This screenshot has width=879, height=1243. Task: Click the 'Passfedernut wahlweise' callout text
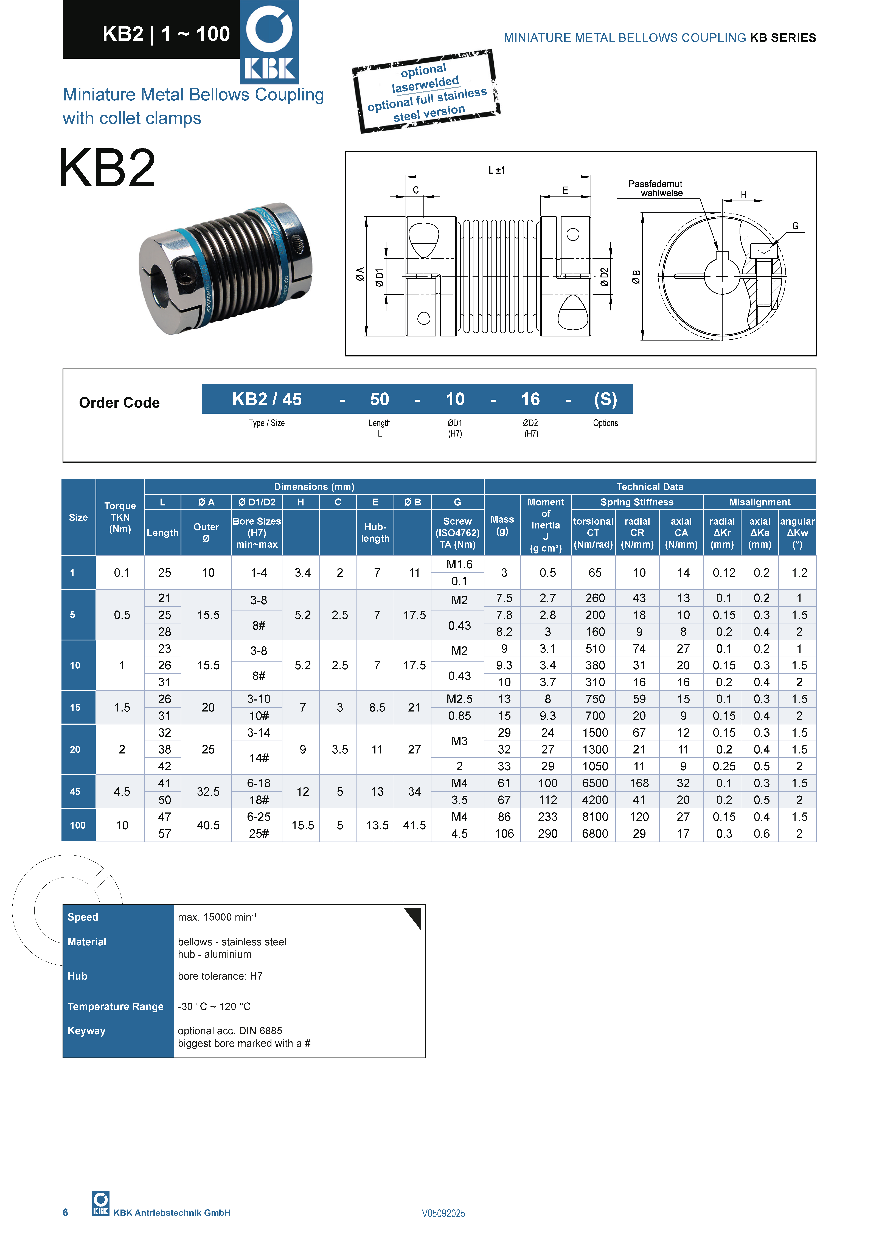pos(655,188)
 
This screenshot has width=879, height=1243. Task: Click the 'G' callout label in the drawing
pos(795,226)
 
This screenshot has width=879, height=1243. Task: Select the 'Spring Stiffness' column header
pos(637,502)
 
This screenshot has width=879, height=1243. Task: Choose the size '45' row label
pos(75,792)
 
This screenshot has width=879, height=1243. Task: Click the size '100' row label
pos(77,825)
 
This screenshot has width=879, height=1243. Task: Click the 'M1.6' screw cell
pos(459,564)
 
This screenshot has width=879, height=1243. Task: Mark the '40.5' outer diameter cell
pos(208,825)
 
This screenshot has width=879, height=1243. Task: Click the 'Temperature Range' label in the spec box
pos(115,1006)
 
